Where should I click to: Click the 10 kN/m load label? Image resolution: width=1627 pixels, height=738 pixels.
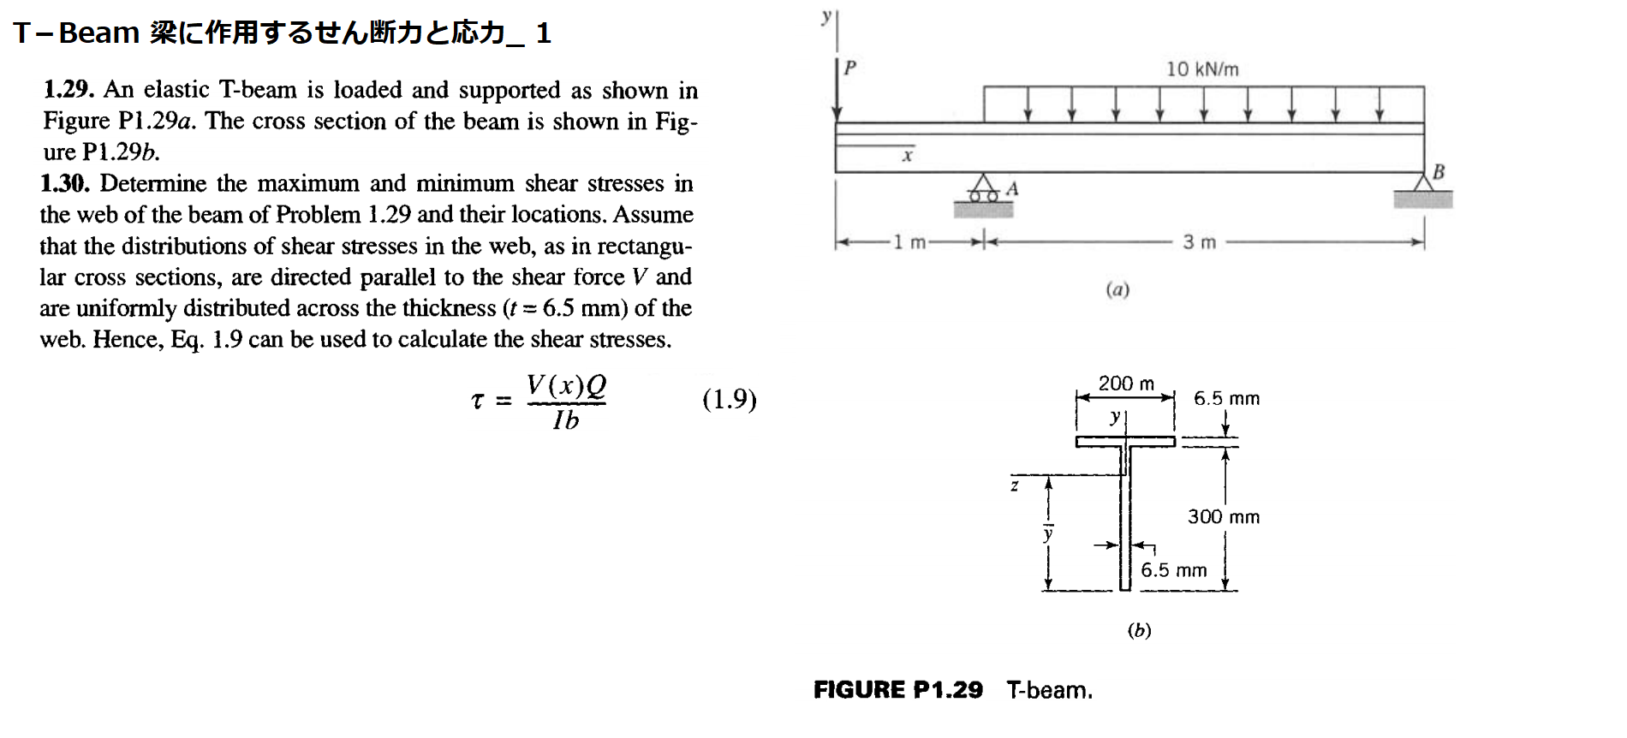click(x=1201, y=69)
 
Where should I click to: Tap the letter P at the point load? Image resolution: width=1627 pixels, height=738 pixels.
click(x=849, y=68)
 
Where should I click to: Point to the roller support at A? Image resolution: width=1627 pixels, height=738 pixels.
click(x=984, y=189)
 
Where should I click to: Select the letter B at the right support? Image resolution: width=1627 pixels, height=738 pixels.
click(x=1439, y=172)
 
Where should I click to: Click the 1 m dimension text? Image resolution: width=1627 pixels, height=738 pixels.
click(x=909, y=242)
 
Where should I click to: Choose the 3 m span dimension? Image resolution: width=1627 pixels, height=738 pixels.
click(x=1199, y=242)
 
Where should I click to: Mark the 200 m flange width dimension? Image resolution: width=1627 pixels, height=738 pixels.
click(x=1126, y=384)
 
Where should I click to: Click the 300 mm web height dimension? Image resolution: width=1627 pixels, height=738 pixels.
click(x=1223, y=516)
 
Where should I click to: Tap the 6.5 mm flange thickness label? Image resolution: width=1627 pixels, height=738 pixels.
click(x=1226, y=398)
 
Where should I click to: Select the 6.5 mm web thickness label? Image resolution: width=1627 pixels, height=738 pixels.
click(x=1173, y=570)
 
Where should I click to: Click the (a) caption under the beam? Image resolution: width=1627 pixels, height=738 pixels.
click(x=1117, y=289)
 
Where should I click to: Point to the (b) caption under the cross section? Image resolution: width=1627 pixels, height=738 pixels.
click(x=1139, y=630)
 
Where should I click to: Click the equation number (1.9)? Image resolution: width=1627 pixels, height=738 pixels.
click(x=729, y=399)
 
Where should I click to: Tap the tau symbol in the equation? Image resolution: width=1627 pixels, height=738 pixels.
click(x=477, y=400)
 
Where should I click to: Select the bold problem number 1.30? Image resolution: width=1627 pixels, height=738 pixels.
click(x=64, y=183)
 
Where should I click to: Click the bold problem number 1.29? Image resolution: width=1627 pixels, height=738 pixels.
click(x=69, y=90)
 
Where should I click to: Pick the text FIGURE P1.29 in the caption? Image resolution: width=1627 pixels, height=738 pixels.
click(x=897, y=690)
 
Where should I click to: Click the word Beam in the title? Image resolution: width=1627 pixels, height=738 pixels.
click(x=98, y=33)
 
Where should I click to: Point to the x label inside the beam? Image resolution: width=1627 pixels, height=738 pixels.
click(x=908, y=156)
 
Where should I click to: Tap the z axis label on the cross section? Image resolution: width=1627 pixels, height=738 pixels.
click(x=1015, y=486)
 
